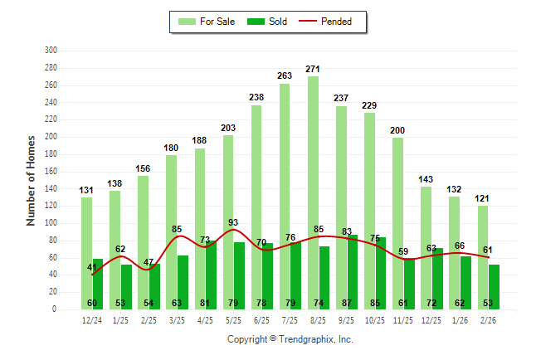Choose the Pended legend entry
click(x=332, y=22)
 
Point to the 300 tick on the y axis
click(x=51, y=51)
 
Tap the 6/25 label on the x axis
click(x=261, y=320)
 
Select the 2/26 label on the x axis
click(x=488, y=320)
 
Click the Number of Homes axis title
click(x=32, y=180)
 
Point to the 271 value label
click(x=313, y=69)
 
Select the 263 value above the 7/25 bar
click(x=285, y=75)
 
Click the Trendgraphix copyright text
click(x=290, y=339)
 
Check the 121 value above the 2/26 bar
click(x=482, y=199)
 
